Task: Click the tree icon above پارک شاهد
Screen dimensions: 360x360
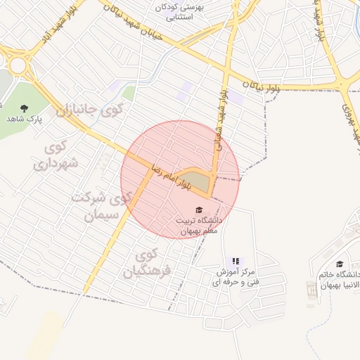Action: (25, 108)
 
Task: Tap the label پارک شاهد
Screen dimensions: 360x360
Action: (25, 120)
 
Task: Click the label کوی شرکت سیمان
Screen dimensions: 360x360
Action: (101, 205)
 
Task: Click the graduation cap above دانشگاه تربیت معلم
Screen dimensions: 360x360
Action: (198, 210)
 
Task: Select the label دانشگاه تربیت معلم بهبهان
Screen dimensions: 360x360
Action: (198, 225)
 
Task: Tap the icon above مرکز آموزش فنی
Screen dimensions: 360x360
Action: (236, 261)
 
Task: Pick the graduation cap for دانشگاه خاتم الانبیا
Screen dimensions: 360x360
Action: (340, 264)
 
